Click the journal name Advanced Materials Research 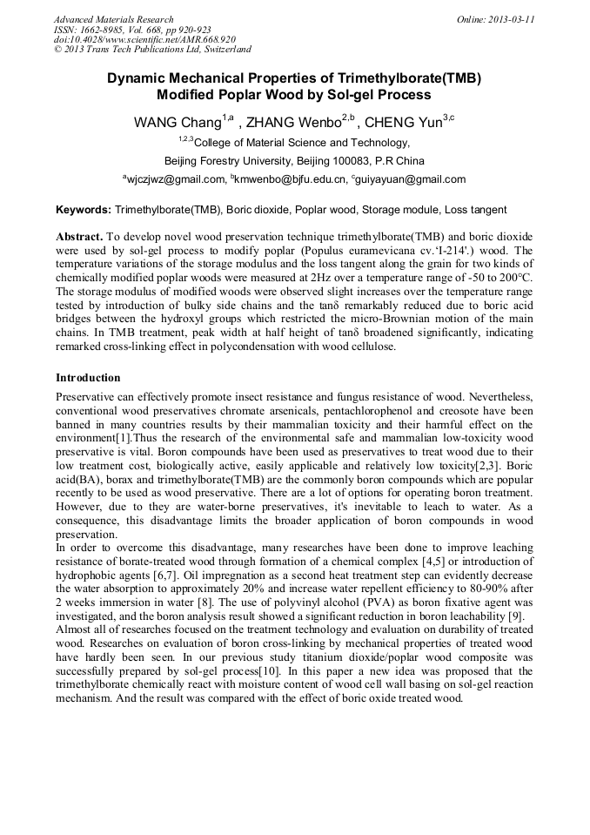[113, 19]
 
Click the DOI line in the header [144, 40]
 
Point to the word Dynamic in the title [137, 77]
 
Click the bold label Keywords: [84, 210]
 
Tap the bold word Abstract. [78, 237]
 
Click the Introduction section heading [88, 378]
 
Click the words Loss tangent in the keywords [478, 210]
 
